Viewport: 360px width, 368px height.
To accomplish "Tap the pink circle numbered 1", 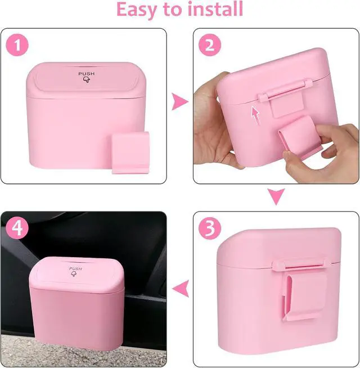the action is coord(17,45).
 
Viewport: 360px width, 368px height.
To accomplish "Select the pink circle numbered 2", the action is coord(210,45).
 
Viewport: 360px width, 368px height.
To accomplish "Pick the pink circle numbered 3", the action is coord(210,228).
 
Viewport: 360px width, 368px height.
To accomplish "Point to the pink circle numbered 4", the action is coord(17,228).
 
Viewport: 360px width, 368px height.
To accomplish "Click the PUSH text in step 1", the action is coord(87,74).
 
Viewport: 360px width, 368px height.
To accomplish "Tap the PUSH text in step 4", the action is coord(75,268).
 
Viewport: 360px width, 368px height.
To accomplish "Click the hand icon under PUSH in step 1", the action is coord(87,79).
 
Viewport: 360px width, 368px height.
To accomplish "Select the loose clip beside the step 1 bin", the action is coord(130,153).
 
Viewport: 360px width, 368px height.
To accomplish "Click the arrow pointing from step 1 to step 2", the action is coord(180,101).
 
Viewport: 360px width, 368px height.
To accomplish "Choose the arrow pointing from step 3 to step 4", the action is coord(180,289).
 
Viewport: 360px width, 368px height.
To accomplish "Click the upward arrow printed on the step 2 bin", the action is coord(256,115).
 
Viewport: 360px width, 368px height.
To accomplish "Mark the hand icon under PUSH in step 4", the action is coord(74,274).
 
